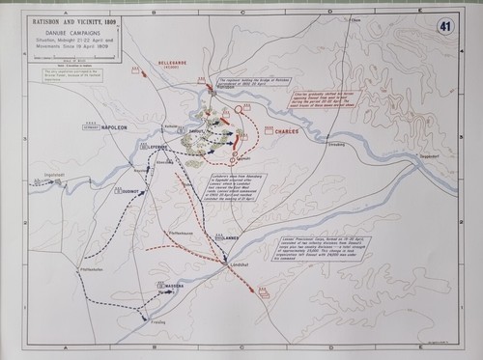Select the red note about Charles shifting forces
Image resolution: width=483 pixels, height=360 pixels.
pyautogui.click(x=303, y=98)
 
